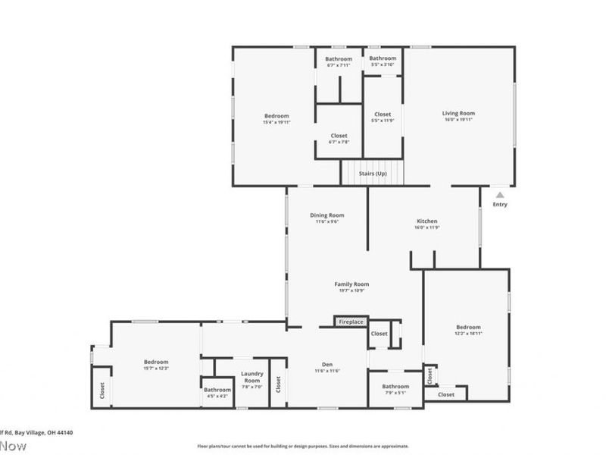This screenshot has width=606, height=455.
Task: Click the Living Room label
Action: (458, 114)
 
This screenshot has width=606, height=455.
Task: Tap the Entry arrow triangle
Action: (499, 195)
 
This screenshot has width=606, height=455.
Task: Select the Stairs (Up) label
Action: (373, 174)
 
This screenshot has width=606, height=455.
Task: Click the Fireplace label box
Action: (351, 322)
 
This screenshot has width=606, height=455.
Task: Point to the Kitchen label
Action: (426, 221)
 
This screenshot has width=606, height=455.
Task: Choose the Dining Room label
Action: (326, 215)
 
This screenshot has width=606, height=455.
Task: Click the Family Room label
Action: (351, 284)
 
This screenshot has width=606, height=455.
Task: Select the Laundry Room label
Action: (251, 376)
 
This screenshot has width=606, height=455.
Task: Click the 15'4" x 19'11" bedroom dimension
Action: (276, 122)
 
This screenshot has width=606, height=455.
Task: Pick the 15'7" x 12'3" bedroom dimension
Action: (156, 369)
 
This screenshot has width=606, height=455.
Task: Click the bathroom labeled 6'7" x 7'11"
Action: (339, 65)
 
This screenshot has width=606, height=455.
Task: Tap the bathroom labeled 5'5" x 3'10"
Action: (383, 64)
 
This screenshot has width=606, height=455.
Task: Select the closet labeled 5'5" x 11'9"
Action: (383, 120)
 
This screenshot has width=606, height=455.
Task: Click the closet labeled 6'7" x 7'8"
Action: (339, 142)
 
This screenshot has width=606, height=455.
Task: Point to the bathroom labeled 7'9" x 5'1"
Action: (395, 393)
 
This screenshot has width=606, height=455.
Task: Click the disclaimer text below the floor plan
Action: (303, 446)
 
